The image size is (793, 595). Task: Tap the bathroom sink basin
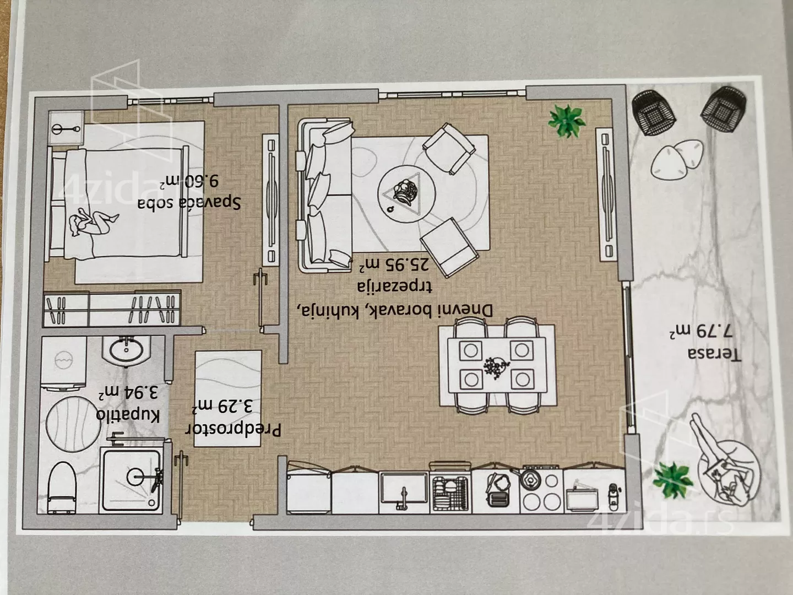tap(126, 350)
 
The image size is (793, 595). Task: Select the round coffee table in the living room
tap(406, 194)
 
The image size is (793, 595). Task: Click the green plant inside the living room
tap(566, 121)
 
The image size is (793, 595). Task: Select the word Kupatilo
tap(128, 416)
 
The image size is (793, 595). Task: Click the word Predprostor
tap(232, 430)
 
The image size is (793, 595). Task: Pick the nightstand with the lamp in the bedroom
tap(66, 128)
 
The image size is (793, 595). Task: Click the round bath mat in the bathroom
tap(73, 424)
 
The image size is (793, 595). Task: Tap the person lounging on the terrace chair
tap(721, 466)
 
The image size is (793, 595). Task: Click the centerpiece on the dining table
tap(497, 367)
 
